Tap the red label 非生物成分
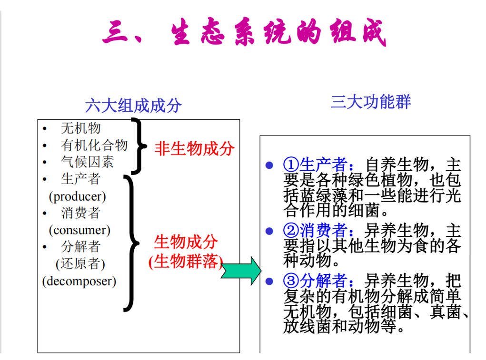coord(194,149)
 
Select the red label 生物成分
coord(186,242)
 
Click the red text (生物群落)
coord(186,262)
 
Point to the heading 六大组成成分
coord(133,105)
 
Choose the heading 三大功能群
coord(370,102)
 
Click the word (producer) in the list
coord(77,196)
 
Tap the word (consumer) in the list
coord(79,230)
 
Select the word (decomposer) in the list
coord(79,281)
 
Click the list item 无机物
coord(81,128)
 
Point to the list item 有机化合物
coord(94,145)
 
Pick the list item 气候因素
coord(88,162)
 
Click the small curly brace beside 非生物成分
coord(139,146)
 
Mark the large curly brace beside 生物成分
coord(131,243)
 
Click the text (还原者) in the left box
coord(80,263)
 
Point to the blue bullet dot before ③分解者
coord(270,281)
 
